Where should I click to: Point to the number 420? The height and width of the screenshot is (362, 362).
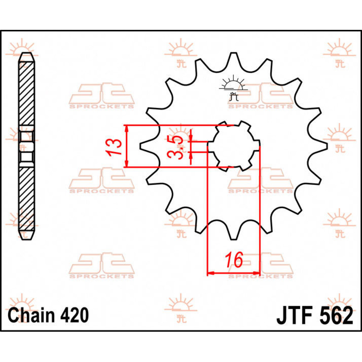tap(75, 315)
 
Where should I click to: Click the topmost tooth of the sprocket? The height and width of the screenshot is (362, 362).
tap(233, 57)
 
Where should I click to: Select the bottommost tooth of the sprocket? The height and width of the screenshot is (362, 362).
tap(233, 235)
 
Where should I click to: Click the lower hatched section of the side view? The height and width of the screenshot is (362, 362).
tap(27, 198)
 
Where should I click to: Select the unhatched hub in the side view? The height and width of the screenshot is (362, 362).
tap(27, 146)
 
